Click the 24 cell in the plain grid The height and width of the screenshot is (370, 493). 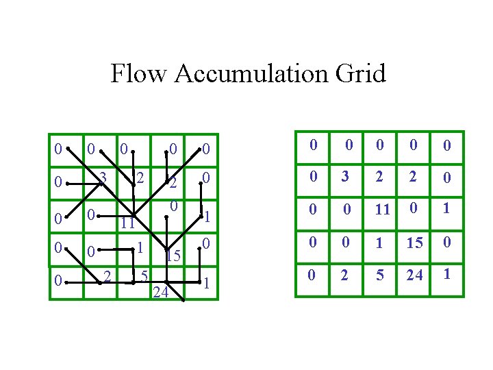(414, 275)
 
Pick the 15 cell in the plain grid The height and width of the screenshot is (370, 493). (414, 242)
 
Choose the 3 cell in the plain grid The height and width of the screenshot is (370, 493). (346, 177)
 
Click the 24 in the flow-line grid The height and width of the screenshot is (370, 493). (161, 293)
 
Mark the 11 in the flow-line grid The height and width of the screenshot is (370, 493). (127, 223)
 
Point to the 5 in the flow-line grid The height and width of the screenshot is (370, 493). (144, 276)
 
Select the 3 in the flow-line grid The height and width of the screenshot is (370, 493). (103, 178)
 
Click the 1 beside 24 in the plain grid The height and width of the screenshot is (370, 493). (446, 274)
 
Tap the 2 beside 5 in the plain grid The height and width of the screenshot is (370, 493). (346, 275)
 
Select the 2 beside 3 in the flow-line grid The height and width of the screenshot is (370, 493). (139, 178)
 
